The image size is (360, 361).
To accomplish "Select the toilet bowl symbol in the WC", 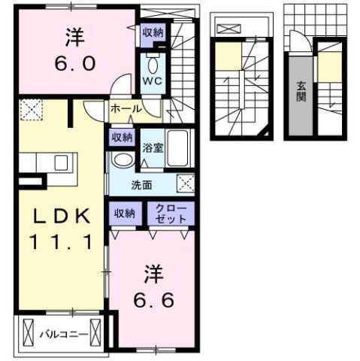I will [x=152, y=60].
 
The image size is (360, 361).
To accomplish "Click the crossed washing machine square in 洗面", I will [x=185, y=181].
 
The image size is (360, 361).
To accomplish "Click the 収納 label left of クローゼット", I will [x=125, y=214].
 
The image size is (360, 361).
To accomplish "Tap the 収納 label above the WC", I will [x=153, y=34].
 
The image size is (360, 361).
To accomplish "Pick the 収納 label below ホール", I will [x=123, y=138].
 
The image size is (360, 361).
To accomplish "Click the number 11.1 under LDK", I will [x=62, y=242].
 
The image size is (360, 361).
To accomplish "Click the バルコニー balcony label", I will [x=65, y=333].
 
